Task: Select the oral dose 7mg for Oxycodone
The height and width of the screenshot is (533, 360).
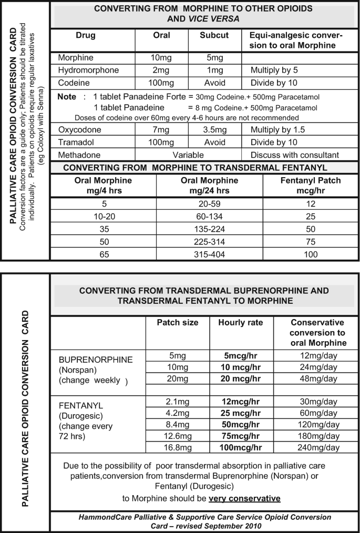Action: coord(162,130)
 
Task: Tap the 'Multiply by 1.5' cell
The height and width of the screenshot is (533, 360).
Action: coord(277,130)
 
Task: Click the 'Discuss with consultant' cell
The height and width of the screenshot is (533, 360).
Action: coord(295,155)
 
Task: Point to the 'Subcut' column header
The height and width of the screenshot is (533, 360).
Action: coord(214,36)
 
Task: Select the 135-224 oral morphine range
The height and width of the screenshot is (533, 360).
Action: coord(210,229)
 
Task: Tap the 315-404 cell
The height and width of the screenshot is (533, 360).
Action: coord(210,254)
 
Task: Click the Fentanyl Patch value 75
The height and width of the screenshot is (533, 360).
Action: coord(311,241)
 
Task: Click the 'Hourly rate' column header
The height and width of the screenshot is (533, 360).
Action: coord(240,323)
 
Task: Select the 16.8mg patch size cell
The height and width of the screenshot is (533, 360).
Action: coord(177,447)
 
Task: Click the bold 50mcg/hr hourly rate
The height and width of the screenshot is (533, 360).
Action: coord(240,424)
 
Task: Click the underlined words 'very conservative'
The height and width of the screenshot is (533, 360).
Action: coord(244,498)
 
